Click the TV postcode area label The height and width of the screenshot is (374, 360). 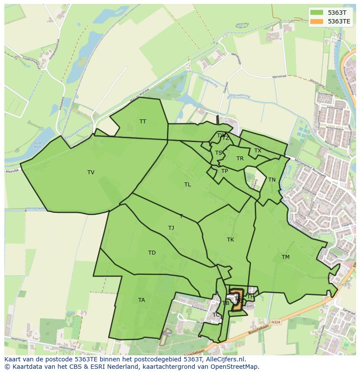[x=91, y=172]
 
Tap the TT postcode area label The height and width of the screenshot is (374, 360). [x=143, y=122]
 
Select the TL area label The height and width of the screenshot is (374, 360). [x=187, y=185]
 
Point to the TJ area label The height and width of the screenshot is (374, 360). [x=171, y=228]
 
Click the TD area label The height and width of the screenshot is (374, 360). [x=152, y=253]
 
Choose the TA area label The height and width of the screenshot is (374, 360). [x=142, y=300]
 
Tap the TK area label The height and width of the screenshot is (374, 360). [x=230, y=240]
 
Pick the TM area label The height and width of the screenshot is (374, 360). [x=285, y=257]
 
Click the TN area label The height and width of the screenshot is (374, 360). [x=272, y=180]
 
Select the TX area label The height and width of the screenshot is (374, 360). [x=258, y=151]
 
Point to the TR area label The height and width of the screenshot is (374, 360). [x=240, y=159]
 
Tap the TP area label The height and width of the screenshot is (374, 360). [x=224, y=171]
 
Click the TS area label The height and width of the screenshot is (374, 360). [x=219, y=153]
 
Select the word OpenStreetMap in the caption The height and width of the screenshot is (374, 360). [x=235, y=367]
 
